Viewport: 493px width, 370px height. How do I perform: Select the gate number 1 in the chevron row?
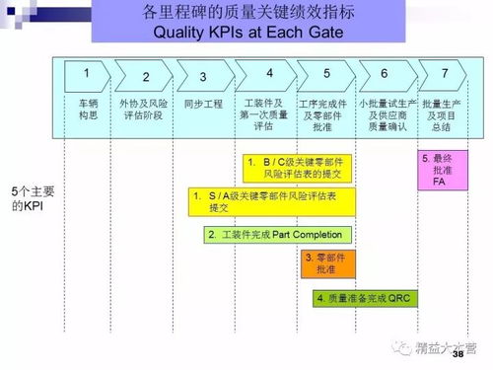87,73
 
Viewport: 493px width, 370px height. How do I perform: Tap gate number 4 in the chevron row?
269,73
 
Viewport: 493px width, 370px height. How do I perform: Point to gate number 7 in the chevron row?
445,73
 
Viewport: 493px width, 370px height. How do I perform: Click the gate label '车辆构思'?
88,108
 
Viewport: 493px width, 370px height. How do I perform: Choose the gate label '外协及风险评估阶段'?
146,108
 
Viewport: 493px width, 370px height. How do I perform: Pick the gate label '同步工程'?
201,102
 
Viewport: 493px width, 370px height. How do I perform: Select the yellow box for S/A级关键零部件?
273,201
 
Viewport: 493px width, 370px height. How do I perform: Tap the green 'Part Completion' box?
276,235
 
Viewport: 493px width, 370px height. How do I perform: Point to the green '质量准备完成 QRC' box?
361,297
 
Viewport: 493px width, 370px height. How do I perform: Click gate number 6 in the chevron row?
385,73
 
